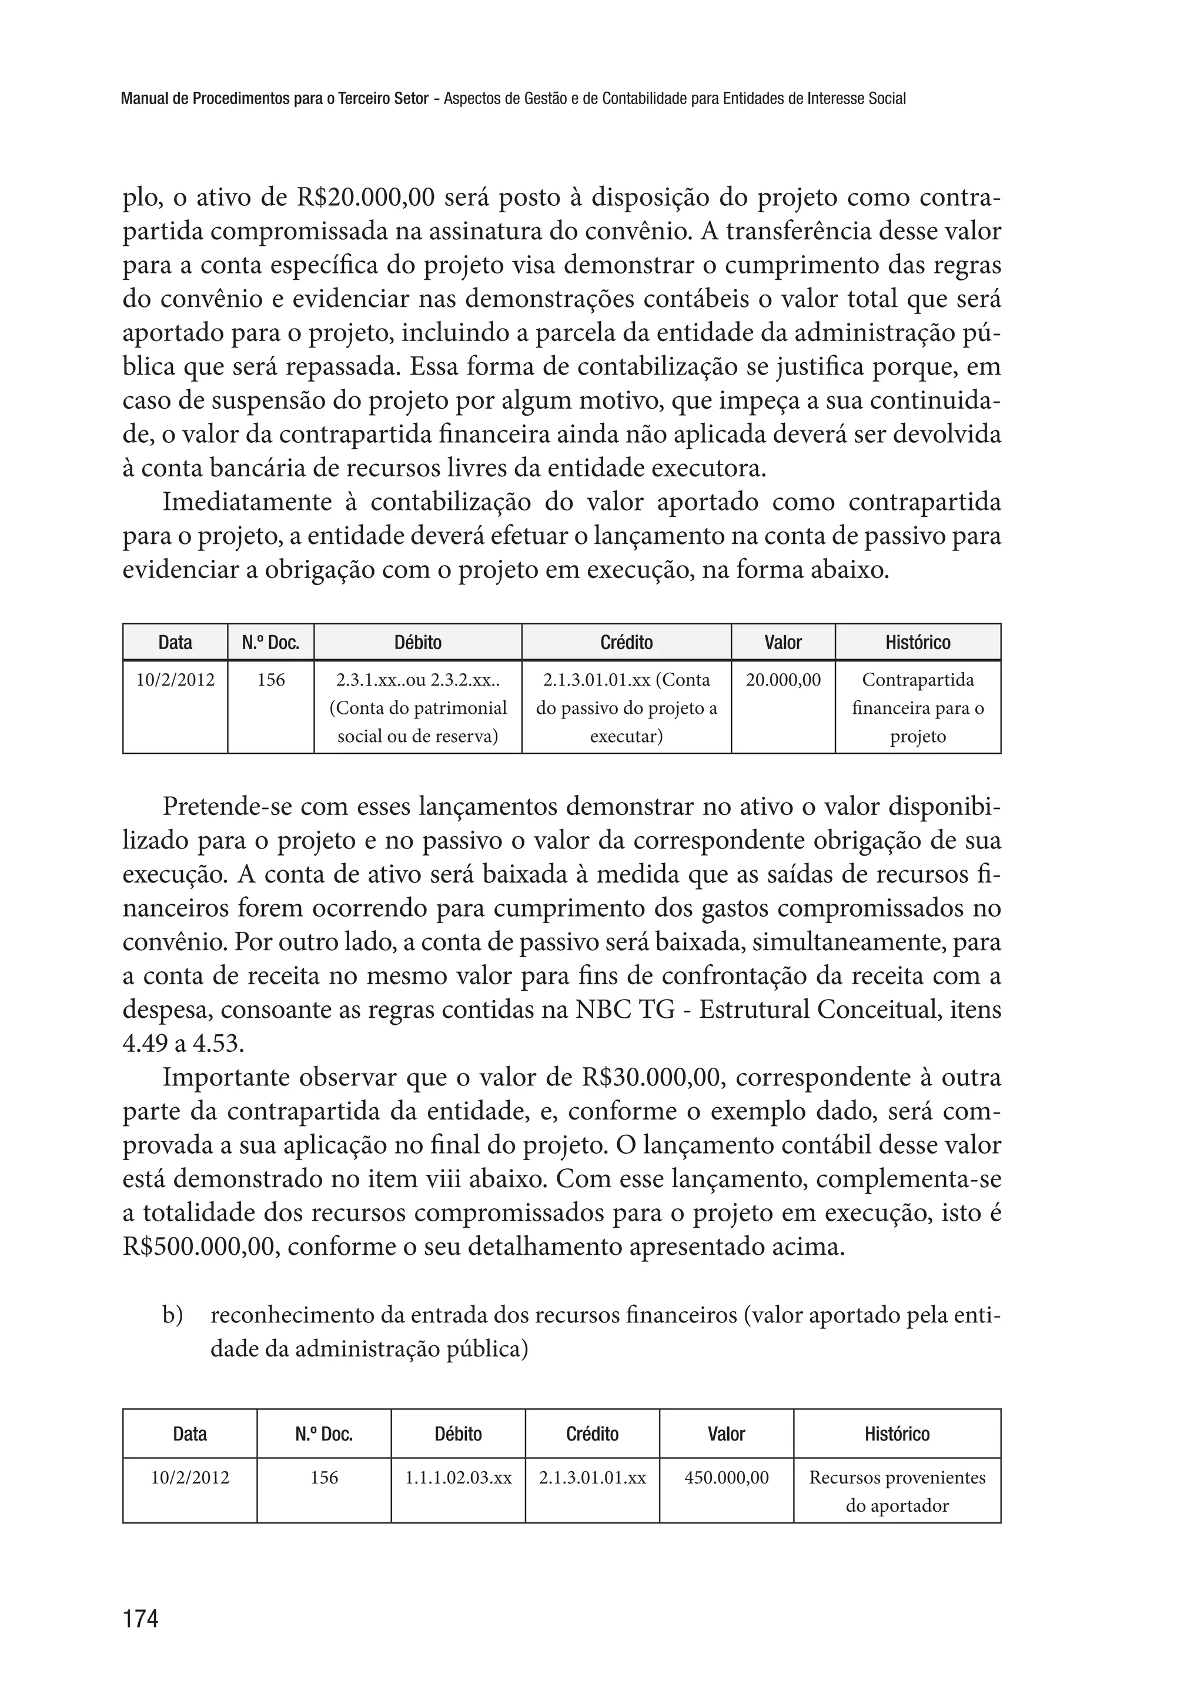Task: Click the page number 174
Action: click(141, 1618)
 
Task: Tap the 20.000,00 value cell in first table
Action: click(783, 680)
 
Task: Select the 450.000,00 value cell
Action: click(726, 1477)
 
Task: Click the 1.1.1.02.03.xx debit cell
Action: click(458, 1477)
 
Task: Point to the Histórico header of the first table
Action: click(917, 642)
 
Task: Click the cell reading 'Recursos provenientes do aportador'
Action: click(897, 1491)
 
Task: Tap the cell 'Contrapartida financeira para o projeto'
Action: click(917, 707)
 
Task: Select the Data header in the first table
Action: click(175, 642)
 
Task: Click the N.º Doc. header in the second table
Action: click(323, 1434)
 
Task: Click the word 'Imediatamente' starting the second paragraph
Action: click(248, 502)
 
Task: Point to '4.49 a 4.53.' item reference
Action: click(183, 1043)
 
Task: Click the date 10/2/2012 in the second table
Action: click(190, 1477)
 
